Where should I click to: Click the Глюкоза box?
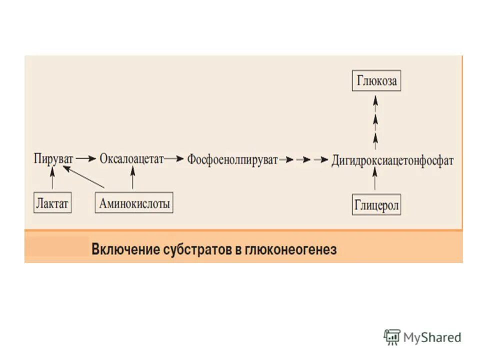click(x=376, y=80)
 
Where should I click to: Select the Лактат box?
click(x=52, y=203)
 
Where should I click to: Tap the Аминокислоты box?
click(x=134, y=203)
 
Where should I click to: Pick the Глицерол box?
click(x=376, y=205)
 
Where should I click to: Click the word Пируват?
click(x=53, y=159)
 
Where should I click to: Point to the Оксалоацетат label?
click(x=132, y=159)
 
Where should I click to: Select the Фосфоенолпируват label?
click(x=232, y=160)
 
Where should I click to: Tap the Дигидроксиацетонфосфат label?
click(x=392, y=160)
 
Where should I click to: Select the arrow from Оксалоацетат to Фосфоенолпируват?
click(x=174, y=159)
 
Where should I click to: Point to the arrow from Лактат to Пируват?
click(x=52, y=179)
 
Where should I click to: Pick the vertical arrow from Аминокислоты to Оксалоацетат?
click(x=132, y=179)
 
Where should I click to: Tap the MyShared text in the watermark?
click(x=432, y=337)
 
